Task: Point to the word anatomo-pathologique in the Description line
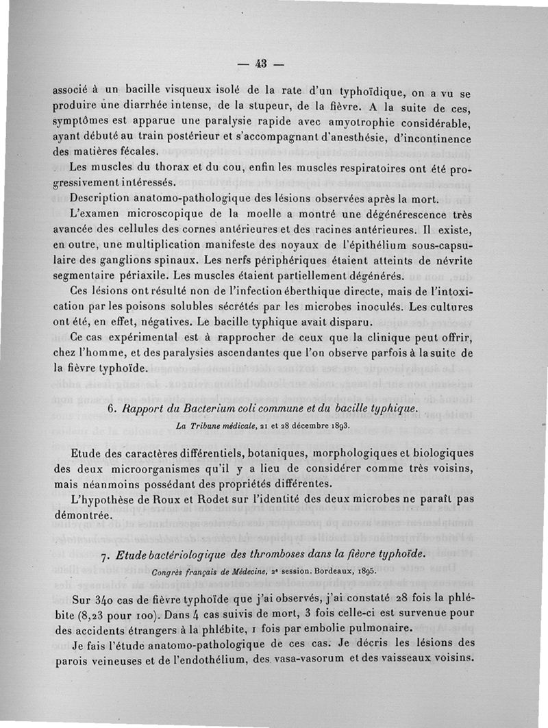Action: (185, 199)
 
